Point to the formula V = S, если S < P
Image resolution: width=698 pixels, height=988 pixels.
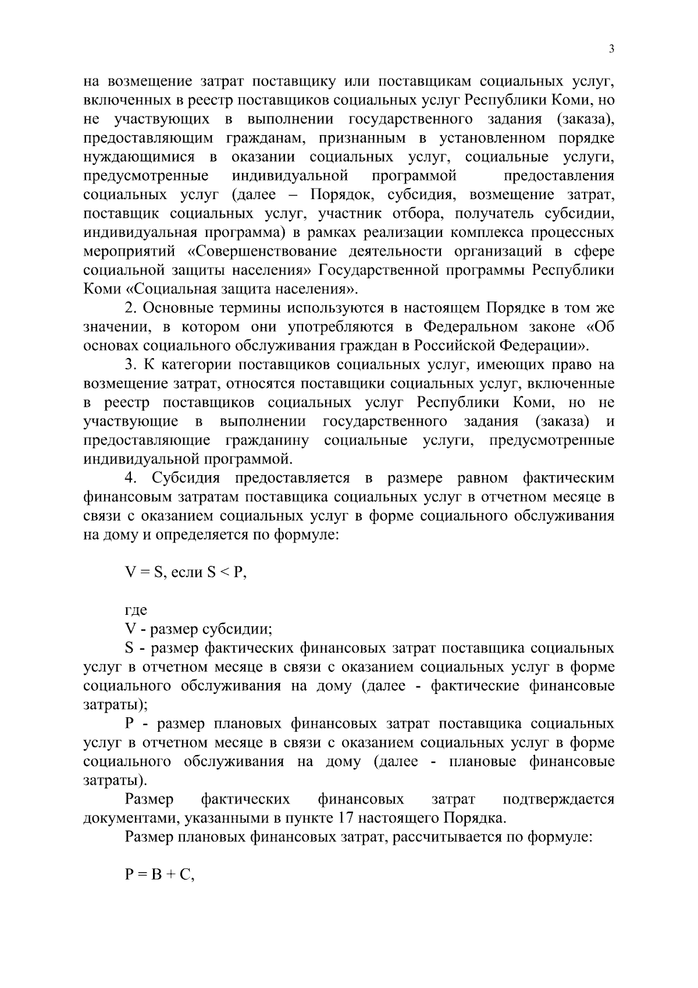click(186, 572)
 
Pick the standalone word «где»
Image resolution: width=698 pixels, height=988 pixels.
click(136, 610)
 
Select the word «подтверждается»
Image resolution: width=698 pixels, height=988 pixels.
click(558, 799)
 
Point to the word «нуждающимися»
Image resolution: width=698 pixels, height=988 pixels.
click(139, 157)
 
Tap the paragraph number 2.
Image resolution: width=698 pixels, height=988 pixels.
click(129, 307)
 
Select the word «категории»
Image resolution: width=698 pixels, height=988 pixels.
click(187, 364)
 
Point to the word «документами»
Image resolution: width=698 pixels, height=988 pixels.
click(131, 818)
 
